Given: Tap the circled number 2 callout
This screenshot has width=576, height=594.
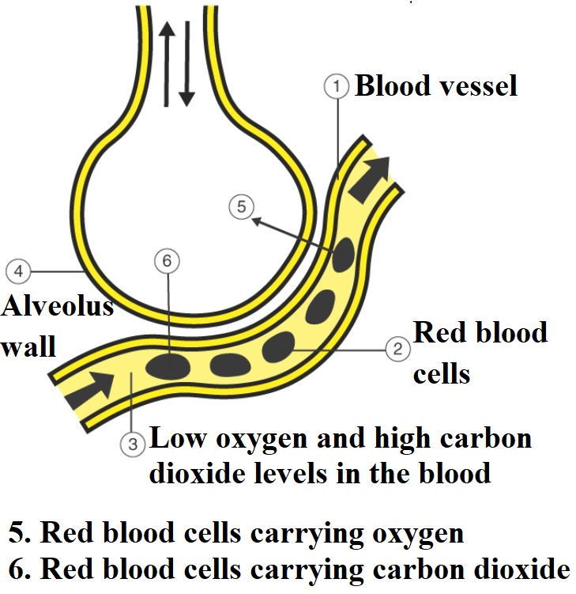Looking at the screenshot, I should point(397,347).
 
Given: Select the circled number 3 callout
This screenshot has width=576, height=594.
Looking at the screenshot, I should point(132,445).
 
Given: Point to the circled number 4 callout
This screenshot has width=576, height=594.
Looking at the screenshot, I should point(17,271).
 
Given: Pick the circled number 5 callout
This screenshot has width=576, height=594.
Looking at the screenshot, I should point(241,208).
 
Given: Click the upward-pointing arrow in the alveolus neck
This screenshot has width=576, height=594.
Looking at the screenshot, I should point(166,63).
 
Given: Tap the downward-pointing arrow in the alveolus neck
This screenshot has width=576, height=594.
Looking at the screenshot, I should point(186,63).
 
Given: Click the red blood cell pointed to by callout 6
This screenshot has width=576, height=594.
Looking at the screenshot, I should point(168,365).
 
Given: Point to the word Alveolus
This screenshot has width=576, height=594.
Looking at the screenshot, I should point(58,306).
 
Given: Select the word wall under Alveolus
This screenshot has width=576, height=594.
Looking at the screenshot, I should point(28,346).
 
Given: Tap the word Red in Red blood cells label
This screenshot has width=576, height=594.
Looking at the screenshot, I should point(437,332).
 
